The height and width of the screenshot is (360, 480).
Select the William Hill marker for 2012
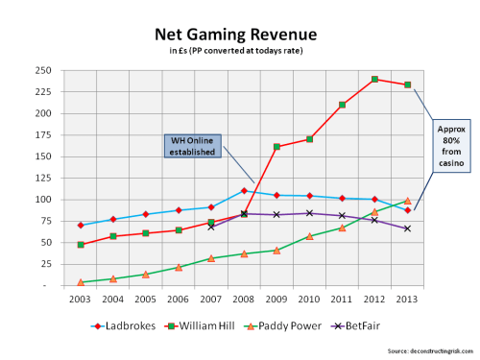[374, 80]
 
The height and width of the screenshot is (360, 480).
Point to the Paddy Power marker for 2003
[80, 282]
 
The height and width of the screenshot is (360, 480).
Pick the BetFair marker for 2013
[407, 228]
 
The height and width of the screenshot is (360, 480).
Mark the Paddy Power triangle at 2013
[407, 201]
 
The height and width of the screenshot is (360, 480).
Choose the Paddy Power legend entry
[307, 325]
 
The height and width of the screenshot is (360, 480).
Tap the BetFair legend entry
[385, 325]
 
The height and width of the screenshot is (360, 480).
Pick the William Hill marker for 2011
[342, 105]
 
